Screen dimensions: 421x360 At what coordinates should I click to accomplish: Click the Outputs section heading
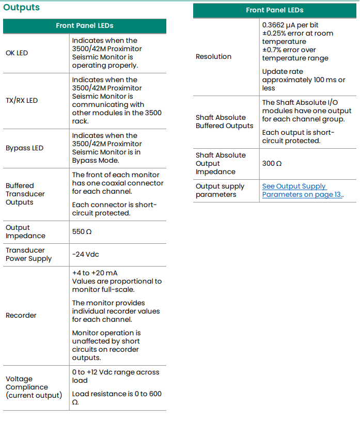[21, 8]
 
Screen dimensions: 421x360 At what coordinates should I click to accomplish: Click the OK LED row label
[17, 53]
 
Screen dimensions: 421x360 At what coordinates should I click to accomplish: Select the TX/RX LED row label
[22, 100]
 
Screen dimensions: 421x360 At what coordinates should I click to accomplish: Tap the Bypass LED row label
[24, 148]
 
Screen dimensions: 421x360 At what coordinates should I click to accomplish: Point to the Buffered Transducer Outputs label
[25, 194]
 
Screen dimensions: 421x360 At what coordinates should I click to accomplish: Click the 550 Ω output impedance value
[82, 232]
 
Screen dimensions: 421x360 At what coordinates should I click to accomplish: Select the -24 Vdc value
[86, 254]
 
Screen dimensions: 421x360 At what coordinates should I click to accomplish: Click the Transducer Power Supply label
[28, 254]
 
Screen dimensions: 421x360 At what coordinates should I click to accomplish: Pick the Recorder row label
[21, 315]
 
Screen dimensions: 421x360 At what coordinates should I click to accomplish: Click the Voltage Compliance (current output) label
[34, 387]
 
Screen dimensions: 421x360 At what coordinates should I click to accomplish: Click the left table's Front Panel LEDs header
[85, 25]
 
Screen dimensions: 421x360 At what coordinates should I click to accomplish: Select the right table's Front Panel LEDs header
[274, 10]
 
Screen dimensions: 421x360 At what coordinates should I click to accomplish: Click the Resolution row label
[213, 56]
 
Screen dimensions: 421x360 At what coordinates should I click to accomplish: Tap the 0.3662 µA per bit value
[290, 25]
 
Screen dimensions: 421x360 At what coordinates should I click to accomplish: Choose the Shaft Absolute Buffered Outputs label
[225, 121]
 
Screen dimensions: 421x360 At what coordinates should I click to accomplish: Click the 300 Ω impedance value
[272, 163]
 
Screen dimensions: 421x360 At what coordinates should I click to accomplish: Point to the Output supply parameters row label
[220, 190]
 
